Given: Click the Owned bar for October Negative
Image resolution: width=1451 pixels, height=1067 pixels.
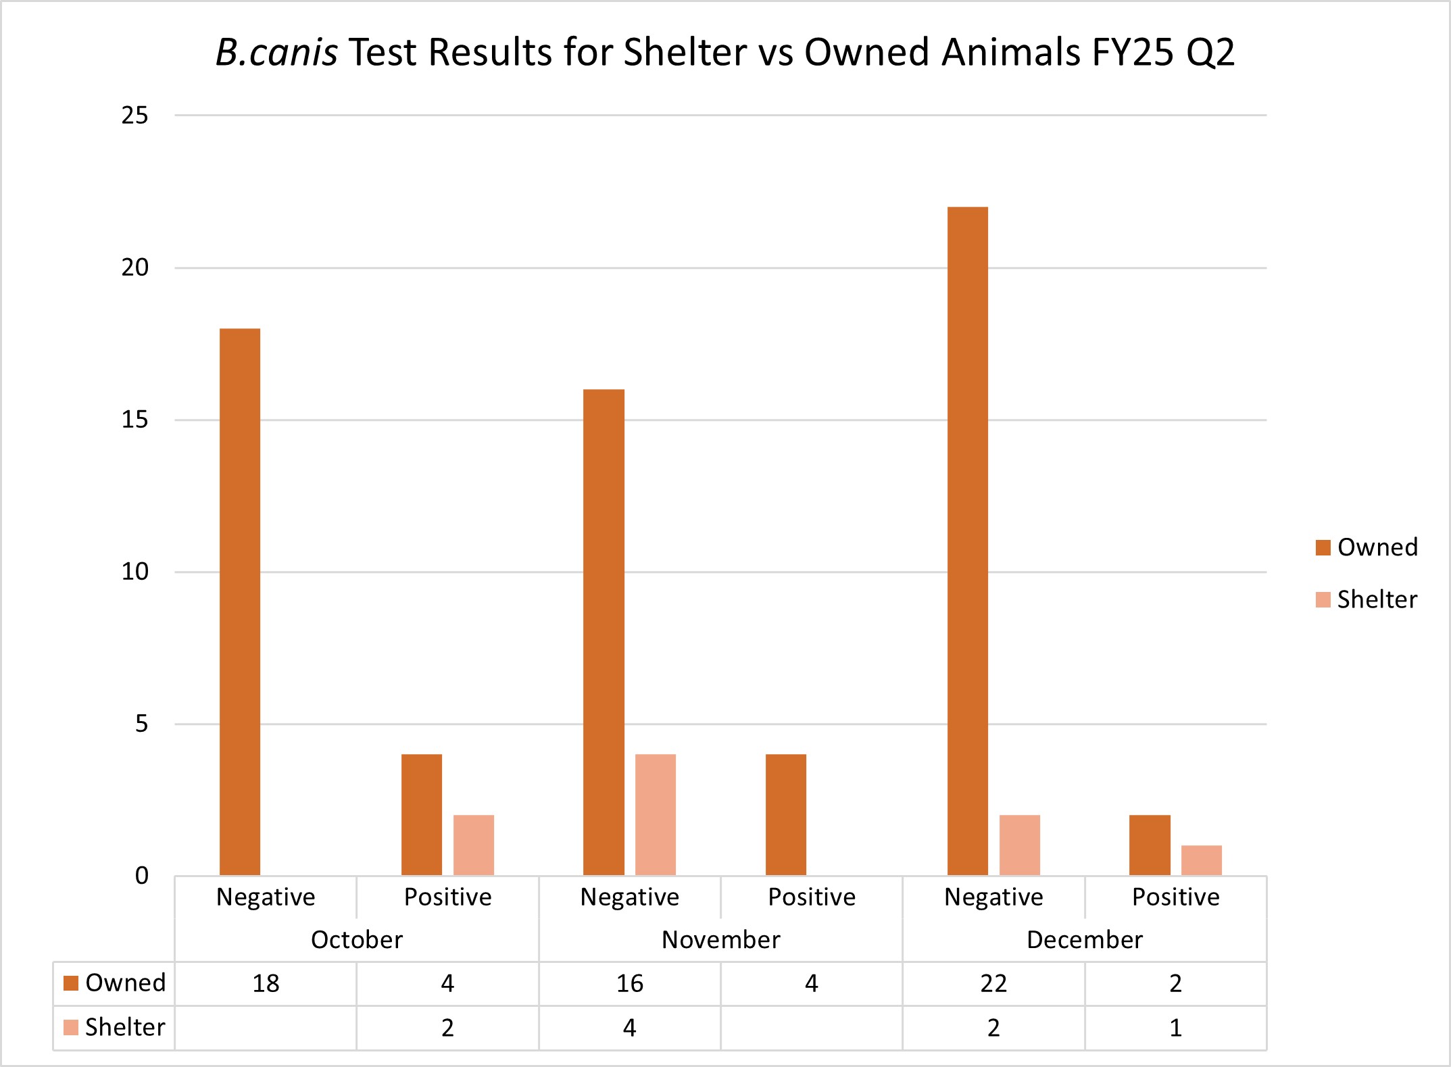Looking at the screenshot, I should coord(240,601).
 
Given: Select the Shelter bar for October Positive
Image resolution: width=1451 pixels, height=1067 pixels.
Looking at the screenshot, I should coord(473,845).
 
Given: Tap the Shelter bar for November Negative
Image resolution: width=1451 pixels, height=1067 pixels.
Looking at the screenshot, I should coord(655,814).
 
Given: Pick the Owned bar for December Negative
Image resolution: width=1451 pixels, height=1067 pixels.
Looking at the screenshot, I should coord(967,541).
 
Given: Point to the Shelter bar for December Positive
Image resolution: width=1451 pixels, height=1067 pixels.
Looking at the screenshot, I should coord(1201,860).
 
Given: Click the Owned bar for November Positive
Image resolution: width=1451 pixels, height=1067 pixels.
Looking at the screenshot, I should coord(785,814).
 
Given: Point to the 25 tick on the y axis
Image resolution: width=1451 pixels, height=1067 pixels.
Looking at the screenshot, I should coord(134,116).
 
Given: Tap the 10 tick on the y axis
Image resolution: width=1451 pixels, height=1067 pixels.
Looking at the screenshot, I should coord(134,572).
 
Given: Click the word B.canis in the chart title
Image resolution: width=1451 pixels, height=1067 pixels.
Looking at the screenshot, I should coord(276,52).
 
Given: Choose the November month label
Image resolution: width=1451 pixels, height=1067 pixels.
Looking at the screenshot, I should coord(720,939).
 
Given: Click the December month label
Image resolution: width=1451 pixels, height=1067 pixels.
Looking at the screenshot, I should coord(1084,939).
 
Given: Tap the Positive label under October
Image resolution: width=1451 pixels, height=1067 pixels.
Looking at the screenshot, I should coord(447,897).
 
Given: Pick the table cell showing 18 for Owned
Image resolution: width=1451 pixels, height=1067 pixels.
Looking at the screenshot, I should coord(266,983).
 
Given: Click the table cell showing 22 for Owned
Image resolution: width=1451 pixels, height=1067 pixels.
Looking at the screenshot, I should coord(993,983).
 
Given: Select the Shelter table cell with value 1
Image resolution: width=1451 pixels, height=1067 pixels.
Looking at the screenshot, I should coord(1175,1027).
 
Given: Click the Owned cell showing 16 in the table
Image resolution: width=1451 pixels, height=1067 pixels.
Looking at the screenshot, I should coord(629,983).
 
